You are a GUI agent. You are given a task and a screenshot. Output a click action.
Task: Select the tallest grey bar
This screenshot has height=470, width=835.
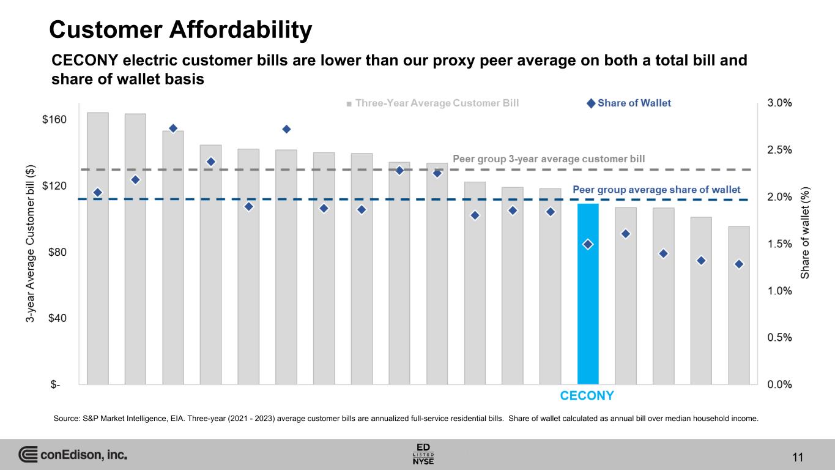(x=98, y=248)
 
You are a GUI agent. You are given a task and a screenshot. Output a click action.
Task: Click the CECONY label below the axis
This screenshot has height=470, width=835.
(x=587, y=395)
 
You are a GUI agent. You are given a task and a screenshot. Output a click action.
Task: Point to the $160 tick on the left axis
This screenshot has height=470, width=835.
(x=55, y=120)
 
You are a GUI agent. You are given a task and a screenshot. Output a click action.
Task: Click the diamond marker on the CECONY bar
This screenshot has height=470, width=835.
(x=588, y=244)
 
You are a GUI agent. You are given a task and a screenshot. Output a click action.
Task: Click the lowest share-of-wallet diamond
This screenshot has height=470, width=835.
(x=739, y=264)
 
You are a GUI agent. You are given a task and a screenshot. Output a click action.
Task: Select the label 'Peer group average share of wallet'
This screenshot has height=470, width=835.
(x=656, y=190)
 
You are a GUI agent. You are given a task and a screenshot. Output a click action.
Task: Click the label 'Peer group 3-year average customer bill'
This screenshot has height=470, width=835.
(x=549, y=159)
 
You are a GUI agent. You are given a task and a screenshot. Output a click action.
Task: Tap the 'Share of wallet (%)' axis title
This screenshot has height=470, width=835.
(x=806, y=232)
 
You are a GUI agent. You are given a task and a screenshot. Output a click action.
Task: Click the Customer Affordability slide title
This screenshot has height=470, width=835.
(x=180, y=29)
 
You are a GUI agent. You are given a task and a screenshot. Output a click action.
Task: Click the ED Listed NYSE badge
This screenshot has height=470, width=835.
(x=423, y=453)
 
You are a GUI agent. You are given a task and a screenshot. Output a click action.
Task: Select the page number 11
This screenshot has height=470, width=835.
(x=797, y=457)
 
